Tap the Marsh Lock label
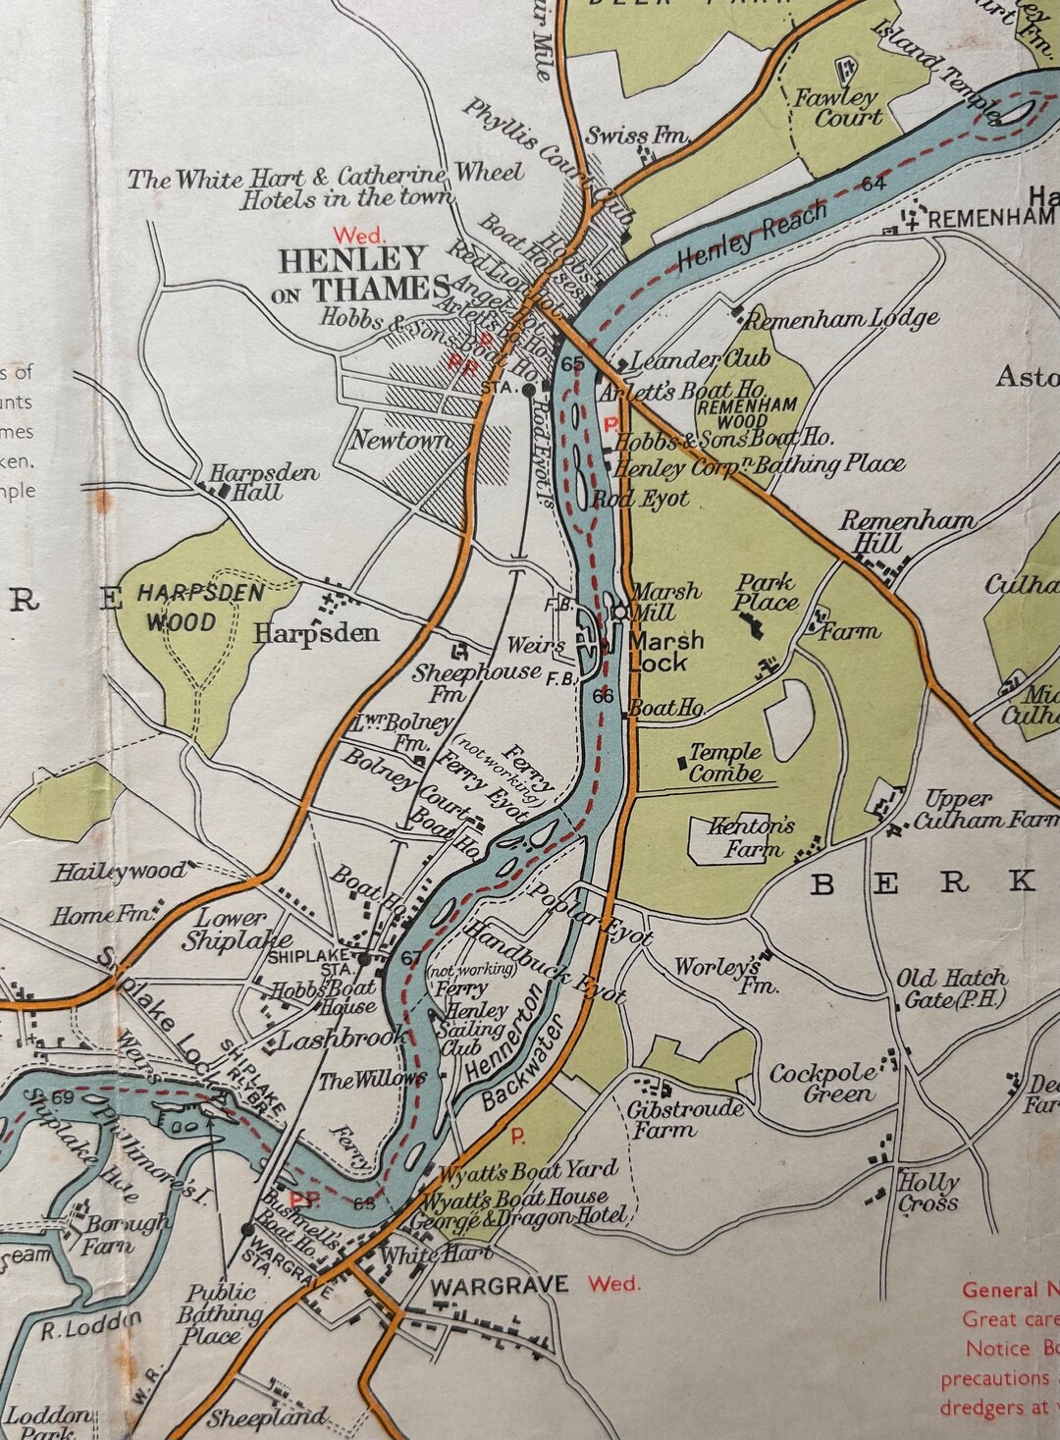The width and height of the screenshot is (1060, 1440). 666,651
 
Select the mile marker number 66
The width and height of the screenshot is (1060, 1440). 604,695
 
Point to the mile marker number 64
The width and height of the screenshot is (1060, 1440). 874,184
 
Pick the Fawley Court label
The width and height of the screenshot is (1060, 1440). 837,107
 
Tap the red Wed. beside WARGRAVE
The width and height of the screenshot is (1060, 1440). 613,1283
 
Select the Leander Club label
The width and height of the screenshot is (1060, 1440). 686,361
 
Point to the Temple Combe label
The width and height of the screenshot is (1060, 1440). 724,763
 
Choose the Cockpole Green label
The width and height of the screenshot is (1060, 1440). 821,1084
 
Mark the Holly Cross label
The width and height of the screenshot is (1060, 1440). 928,1193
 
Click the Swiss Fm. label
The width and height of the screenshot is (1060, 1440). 636,135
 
